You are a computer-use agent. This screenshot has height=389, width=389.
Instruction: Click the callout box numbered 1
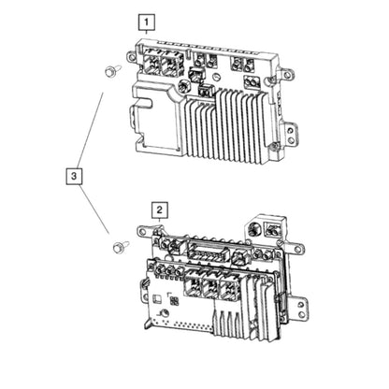pyautogui.click(x=146, y=22)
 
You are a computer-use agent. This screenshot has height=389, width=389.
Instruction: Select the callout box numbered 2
pyautogui.click(x=160, y=210)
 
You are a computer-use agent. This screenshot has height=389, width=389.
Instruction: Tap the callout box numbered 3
pyautogui.click(x=74, y=176)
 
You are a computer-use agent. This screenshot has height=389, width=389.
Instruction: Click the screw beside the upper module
pyautogui.click(x=111, y=71)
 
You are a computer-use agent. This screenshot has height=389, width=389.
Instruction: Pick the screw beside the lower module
pyautogui.click(x=120, y=247)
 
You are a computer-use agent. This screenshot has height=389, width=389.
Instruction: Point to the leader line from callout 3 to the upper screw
pyautogui.click(x=90, y=130)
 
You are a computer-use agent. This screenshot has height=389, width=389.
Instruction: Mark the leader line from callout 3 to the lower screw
pyautogui.click(x=94, y=209)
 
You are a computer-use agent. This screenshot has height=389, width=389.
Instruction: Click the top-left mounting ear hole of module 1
pyautogui.click(x=131, y=57)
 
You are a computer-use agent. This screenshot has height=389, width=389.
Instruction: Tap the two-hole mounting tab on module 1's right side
pyautogui.click(x=291, y=134)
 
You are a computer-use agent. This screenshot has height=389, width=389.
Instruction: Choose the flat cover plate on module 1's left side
pyautogui.click(x=155, y=119)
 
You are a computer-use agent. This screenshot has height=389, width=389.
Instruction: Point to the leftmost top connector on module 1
pyautogui.click(x=151, y=65)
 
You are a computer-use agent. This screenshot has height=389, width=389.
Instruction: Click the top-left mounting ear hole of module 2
pyautogui.click(x=142, y=232)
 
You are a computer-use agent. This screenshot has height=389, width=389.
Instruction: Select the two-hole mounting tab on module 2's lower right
pyautogui.click(x=301, y=309)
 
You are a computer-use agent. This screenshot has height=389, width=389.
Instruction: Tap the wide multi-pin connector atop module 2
pyautogui.click(x=208, y=251)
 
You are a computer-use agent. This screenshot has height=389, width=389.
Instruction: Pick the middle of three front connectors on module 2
pyautogui.click(x=211, y=288)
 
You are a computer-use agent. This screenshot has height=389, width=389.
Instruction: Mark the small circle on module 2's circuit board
pyautogui.click(x=165, y=313)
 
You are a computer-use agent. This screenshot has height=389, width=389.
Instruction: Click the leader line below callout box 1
pyautogui.click(x=146, y=32)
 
